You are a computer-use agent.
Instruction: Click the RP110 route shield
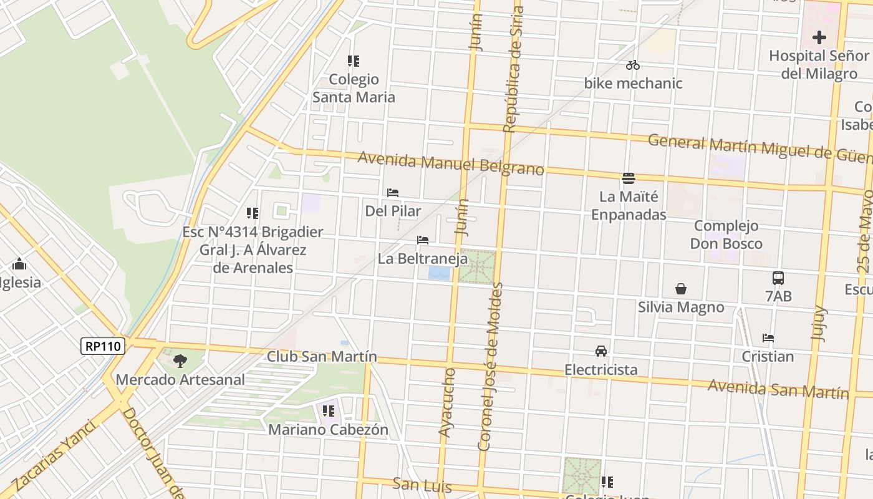(x=103, y=346)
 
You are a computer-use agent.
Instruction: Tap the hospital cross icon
(x=819, y=37)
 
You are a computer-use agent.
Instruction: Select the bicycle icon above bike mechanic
(x=633, y=65)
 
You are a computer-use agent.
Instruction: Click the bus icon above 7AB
(x=778, y=278)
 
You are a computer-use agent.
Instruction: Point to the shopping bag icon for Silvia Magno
(x=681, y=289)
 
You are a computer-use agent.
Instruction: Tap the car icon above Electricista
(x=601, y=351)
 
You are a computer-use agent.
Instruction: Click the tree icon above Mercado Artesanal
(x=180, y=361)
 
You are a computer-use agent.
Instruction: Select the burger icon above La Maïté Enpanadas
(x=629, y=178)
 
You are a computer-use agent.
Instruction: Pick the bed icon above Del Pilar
(x=393, y=193)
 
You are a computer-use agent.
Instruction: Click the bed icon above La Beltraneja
(x=423, y=240)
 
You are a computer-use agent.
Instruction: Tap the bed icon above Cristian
(x=768, y=338)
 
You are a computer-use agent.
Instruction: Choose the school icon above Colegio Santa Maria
(x=354, y=61)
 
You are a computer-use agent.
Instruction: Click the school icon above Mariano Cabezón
(x=329, y=411)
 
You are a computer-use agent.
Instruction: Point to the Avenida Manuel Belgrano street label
(x=451, y=163)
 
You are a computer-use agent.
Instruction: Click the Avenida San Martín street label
(x=778, y=389)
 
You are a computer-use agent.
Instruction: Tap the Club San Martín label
(x=322, y=357)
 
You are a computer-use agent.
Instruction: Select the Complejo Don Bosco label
(x=726, y=235)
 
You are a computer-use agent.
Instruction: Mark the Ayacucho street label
(x=446, y=402)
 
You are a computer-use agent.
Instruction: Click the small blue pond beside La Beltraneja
(x=439, y=273)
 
